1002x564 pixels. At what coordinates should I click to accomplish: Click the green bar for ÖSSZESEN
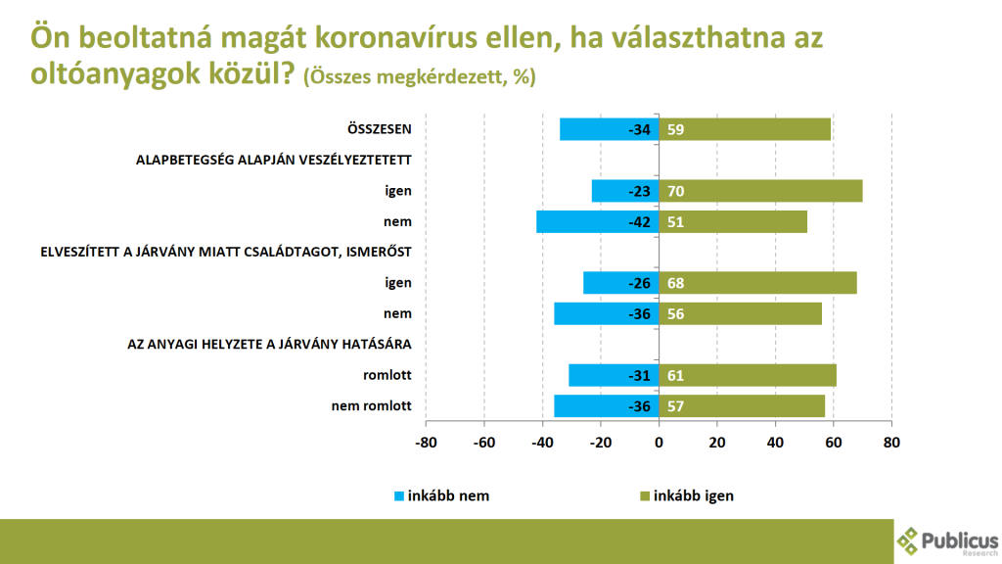(745, 129)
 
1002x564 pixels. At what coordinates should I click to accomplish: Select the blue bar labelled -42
(597, 221)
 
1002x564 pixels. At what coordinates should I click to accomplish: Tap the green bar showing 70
(759, 191)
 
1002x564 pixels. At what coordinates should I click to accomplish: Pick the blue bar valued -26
(620, 283)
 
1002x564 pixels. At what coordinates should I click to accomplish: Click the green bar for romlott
(748, 375)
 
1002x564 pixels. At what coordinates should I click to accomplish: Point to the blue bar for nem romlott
(606, 405)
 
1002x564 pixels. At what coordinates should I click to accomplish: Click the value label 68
(676, 283)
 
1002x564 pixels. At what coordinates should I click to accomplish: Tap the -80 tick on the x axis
(426, 442)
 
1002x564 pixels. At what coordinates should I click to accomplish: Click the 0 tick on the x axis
(659, 442)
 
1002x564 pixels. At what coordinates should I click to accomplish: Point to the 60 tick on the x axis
(833, 442)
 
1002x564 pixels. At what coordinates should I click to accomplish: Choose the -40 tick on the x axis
(542, 442)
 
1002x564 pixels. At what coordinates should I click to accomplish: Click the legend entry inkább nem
(439, 495)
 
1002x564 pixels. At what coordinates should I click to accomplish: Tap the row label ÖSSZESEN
(379, 129)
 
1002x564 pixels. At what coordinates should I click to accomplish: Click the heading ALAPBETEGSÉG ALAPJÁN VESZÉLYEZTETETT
(273, 160)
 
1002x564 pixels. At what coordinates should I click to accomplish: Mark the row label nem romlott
(373, 405)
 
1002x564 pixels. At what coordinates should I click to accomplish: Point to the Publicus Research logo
(946, 540)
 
